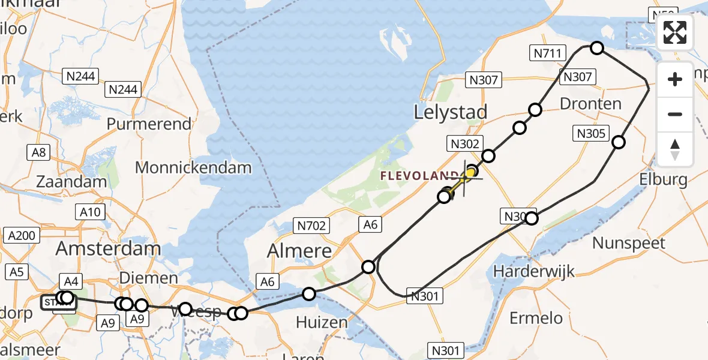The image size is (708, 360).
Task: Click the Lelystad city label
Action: coord(451,112)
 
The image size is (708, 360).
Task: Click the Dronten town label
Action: coord(590,104)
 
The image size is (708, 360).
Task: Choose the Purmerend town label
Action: coord(149,124)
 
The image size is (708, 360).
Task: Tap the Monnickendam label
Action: coord(193,167)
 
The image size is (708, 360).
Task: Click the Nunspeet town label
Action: coord(629,243)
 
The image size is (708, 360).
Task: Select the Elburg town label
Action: coord(663,179)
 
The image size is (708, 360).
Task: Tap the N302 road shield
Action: coord(464,143)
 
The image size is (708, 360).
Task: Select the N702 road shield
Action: coord(311,226)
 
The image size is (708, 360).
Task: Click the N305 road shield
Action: coord(592,134)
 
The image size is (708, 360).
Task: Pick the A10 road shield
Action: coord(91,211)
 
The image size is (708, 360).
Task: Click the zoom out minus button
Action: coord(675,114)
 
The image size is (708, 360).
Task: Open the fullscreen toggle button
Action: coord(675,32)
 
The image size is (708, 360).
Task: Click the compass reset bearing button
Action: coord(675,149)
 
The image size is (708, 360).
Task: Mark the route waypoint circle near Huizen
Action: coord(309,293)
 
